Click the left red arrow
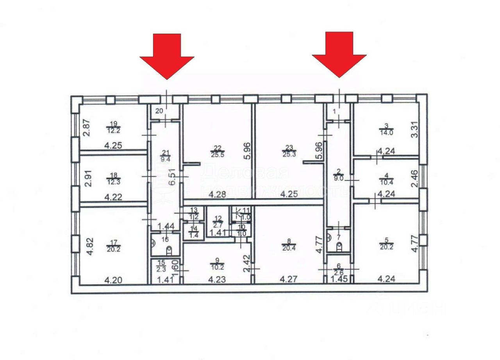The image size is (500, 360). [x=167, y=55]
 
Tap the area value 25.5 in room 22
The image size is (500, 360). [x=216, y=154]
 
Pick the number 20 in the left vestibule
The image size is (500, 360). [x=159, y=111]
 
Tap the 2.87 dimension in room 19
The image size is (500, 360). [x=87, y=128]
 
